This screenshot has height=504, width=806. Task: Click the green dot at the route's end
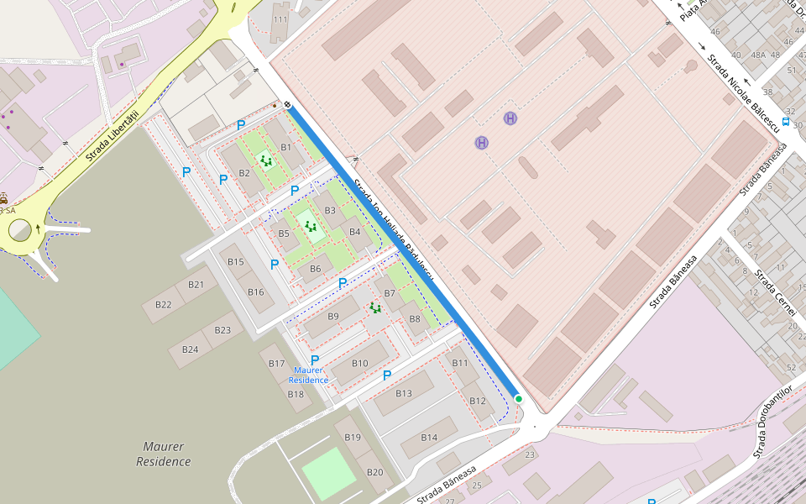(x=519, y=399)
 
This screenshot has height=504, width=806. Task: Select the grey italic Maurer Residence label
(x=164, y=454)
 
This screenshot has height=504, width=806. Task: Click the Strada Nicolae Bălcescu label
(x=738, y=85)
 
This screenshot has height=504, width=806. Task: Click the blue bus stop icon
(x=785, y=122)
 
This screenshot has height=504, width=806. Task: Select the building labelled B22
(x=164, y=304)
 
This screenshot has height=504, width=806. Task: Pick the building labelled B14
(x=429, y=438)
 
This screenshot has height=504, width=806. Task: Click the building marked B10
(x=359, y=363)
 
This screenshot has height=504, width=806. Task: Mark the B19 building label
(x=353, y=437)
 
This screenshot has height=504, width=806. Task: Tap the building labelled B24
(x=191, y=349)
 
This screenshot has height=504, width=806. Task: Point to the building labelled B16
(x=256, y=292)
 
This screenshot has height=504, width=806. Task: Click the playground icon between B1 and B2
(x=266, y=160)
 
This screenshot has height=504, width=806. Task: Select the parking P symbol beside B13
(x=387, y=375)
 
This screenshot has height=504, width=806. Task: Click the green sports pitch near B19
(x=329, y=473)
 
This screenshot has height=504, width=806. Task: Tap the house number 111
(x=280, y=19)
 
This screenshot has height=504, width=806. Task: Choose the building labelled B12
(x=478, y=401)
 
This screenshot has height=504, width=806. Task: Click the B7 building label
(x=389, y=293)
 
